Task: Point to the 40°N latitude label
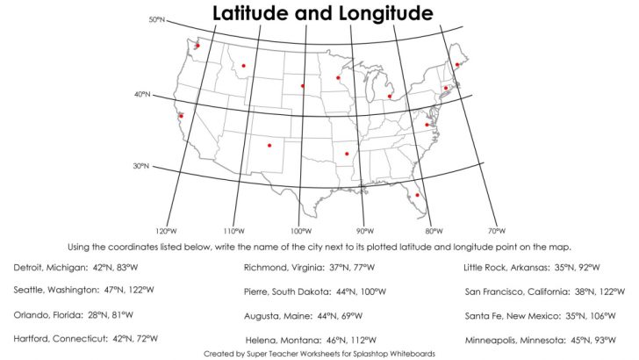coord(142,94)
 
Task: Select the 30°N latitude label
coord(140,166)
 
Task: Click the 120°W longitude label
coord(166,231)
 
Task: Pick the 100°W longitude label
coord(299,231)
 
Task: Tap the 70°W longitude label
coord(496,231)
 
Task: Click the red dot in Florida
coord(417,195)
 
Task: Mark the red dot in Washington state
coord(197,46)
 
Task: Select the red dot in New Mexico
coord(269,146)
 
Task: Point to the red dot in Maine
coord(457,64)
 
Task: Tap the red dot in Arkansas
coord(347,155)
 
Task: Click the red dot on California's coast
coord(181,116)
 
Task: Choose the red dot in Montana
coord(243,65)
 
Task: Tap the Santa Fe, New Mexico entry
coord(544,314)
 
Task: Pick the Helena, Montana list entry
coord(311,339)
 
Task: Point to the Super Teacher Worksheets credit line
coord(319,353)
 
